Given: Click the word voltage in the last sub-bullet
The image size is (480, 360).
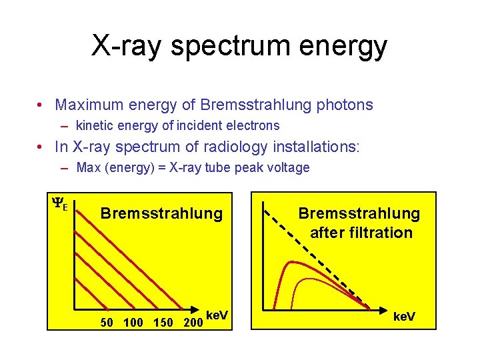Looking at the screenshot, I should pos(287,167).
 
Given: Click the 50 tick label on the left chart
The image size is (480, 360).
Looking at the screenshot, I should pos(106,323).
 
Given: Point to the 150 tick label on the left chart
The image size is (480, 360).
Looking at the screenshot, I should pos(164,323).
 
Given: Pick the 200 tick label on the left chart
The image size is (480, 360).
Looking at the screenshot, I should pos(193,323).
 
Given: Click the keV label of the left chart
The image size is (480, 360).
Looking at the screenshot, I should pos(217,315).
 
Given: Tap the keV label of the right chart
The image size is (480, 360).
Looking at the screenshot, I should pos(404,316).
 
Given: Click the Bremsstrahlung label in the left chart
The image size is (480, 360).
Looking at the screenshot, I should pos(161,213).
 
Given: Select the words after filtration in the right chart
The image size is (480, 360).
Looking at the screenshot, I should pos(361,233).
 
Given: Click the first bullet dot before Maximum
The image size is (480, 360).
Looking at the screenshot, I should pos(41,105).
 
